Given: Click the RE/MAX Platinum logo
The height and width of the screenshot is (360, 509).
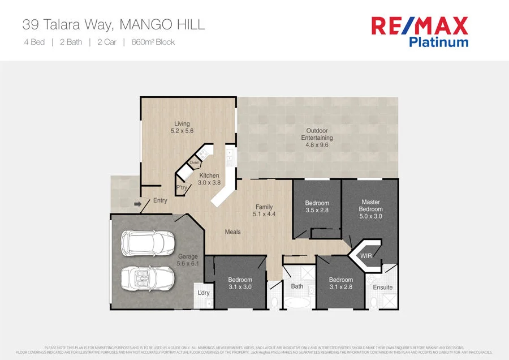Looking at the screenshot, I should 419,32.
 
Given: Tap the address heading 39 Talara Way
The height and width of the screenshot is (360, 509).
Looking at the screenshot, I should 113,24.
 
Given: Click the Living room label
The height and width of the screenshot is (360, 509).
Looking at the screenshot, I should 182,127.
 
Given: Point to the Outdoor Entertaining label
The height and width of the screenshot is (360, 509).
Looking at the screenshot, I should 317,138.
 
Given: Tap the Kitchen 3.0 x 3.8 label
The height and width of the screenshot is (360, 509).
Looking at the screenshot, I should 209,179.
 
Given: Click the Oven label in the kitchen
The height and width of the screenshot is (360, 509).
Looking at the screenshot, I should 195,163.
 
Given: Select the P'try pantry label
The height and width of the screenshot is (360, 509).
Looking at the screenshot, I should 182,188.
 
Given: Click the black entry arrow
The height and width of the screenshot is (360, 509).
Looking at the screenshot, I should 137,204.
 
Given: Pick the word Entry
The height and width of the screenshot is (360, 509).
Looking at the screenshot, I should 160,200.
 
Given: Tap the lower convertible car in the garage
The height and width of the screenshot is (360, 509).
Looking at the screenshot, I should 147,278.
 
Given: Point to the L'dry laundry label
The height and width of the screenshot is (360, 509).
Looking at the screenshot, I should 204,293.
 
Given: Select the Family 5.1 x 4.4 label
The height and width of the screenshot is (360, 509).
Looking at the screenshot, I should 264,211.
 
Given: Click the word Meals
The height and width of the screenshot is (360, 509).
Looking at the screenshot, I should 232,232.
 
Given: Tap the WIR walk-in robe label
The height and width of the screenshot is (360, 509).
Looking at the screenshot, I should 366,256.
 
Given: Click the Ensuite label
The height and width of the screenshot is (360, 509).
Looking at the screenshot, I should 382,288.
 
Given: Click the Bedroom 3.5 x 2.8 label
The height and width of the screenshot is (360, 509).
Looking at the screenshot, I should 317,207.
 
